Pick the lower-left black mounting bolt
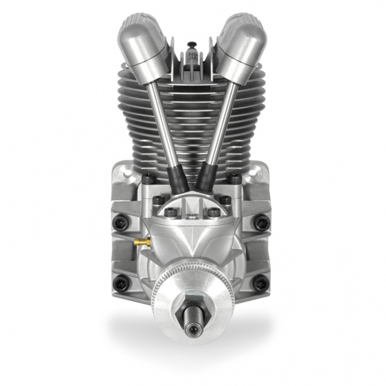[x=121, y=282]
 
